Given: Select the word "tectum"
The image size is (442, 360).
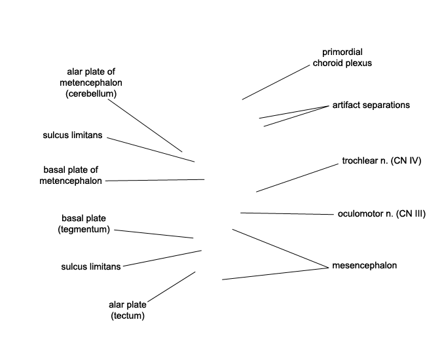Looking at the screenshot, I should pyautogui.click(x=127, y=315).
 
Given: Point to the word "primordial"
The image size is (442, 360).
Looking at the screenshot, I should pyautogui.click(x=342, y=52).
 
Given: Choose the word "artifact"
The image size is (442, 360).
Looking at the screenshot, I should pyautogui.click(x=346, y=105).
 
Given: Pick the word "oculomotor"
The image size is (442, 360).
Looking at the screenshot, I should pyautogui.click(x=360, y=213).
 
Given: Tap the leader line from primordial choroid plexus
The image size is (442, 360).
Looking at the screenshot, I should pyautogui.click(x=275, y=82).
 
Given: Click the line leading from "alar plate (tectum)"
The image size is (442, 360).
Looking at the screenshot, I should pyautogui.click(x=171, y=287).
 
